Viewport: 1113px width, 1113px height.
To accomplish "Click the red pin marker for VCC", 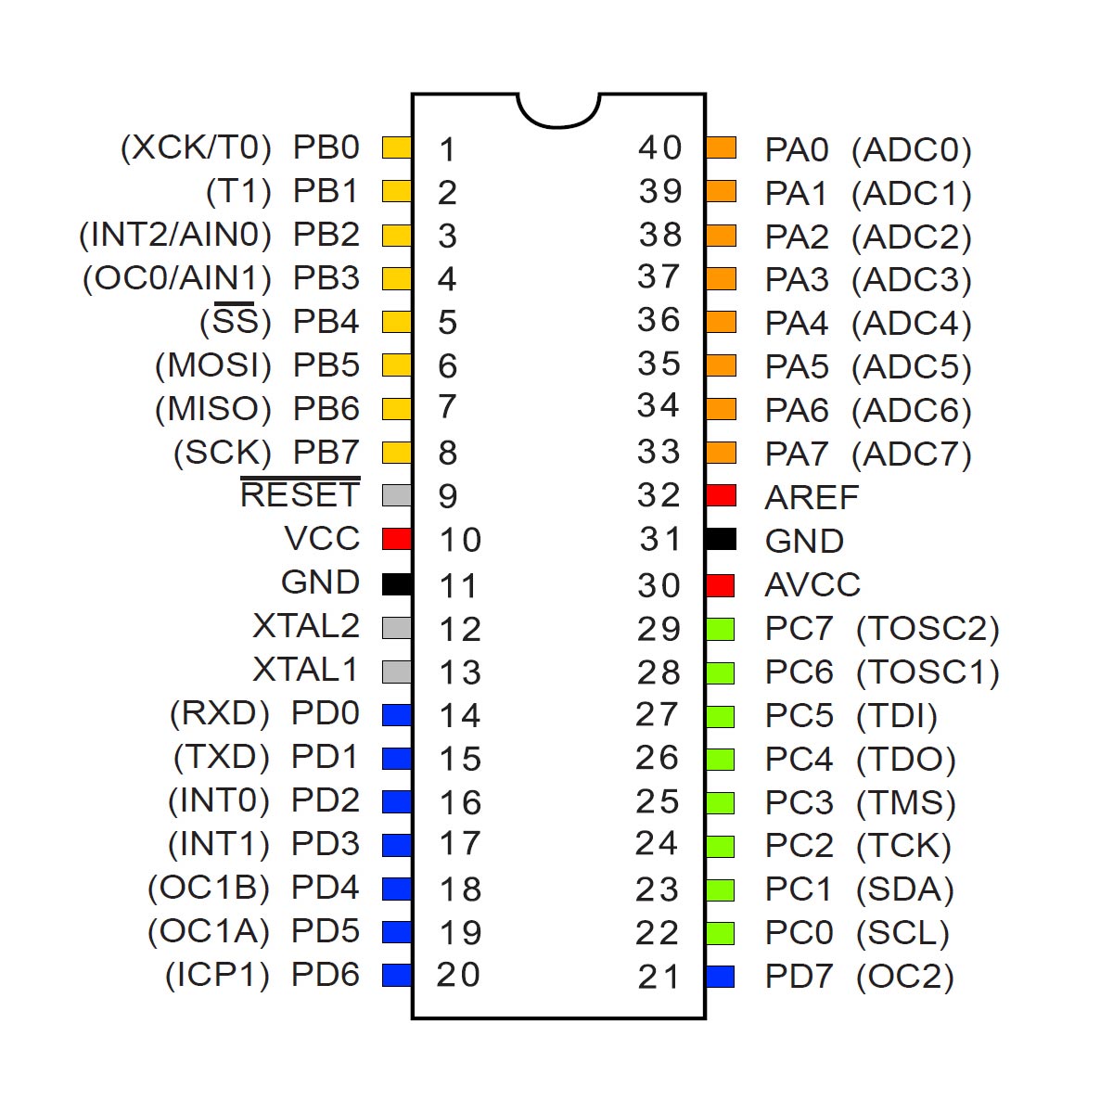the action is [x=397, y=539].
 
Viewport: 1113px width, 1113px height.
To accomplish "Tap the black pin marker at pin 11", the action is [x=397, y=584].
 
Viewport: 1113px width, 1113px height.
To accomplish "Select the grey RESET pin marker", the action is [x=397, y=495].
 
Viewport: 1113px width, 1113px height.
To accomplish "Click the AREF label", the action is [x=812, y=497].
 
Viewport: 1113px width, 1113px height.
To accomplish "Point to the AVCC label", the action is [x=812, y=584].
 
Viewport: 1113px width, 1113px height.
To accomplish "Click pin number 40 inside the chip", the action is [x=660, y=147].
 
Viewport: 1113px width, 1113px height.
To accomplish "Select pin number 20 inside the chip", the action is [x=458, y=975].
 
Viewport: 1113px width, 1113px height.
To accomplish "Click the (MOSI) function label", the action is [x=213, y=365].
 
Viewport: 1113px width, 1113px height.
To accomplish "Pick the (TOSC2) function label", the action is [x=927, y=629].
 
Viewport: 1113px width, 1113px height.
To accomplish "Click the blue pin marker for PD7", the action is [x=721, y=977].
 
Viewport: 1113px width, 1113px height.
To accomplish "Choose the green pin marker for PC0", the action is [x=721, y=933].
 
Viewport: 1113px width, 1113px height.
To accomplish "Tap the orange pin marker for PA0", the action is [x=722, y=147].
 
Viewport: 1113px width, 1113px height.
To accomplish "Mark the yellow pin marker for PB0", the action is [x=397, y=147].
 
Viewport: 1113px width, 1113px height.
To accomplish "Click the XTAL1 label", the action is [x=305, y=670].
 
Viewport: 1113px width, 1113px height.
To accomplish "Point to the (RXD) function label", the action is [x=220, y=713].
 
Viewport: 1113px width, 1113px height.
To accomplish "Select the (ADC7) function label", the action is [x=912, y=454].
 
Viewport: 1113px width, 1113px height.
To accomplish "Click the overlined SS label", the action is [x=235, y=320].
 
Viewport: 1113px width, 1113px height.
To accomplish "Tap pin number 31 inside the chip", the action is [x=660, y=539].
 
